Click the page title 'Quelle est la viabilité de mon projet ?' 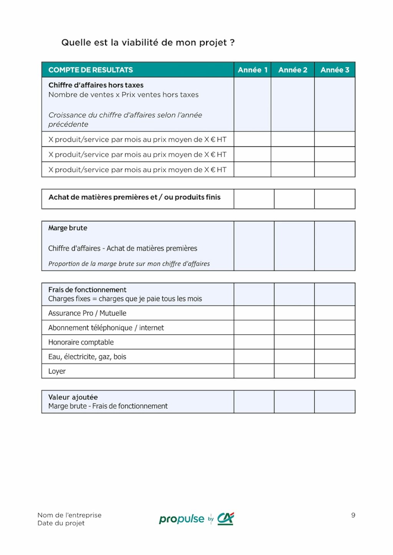pyautogui.click(x=148, y=43)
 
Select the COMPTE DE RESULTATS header pyautogui.click(x=91, y=70)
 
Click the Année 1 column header pyautogui.click(x=252, y=70)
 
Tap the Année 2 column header pyautogui.click(x=292, y=70)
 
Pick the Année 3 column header pyautogui.click(x=335, y=70)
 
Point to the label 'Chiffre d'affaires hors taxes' pyautogui.click(x=96, y=85)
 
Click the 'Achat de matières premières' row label pyautogui.click(x=134, y=197)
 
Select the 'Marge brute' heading pyautogui.click(x=68, y=228)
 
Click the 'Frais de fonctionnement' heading pyautogui.click(x=87, y=290)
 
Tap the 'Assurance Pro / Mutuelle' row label pyautogui.click(x=87, y=313)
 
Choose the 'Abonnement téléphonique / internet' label pyautogui.click(x=106, y=328)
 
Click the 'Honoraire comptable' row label pyautogui.click(x=81, y=342)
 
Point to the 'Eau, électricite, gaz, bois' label pyautogui.click(x=87, y=357)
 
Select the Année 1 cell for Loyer pyautogui.click(x=254, y=371)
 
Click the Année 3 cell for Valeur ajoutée pyautogui.click(x=334, y=402)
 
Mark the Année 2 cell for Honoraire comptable pyautogui.click(x=294, y=342)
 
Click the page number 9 pyautogui.click(x=353, y=515)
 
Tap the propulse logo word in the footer pyautogui.click(x=182, y=519)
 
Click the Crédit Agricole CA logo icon pyautogui.click(x=226, y=519)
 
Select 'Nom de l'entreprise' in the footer pyautogui.click(x=69, y=515)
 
